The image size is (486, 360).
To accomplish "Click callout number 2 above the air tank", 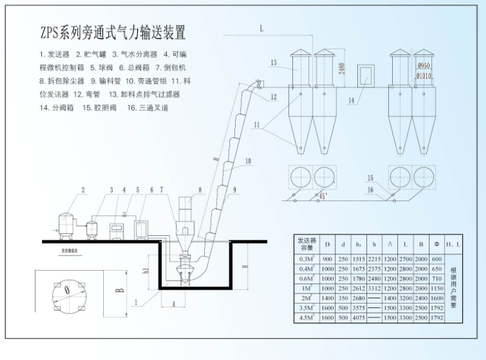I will click(x=83, y=191).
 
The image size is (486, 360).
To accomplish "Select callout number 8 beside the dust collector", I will click(x=200, y=191).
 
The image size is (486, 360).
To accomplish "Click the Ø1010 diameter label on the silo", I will click(x=424, y=76).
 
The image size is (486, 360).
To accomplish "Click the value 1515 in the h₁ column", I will click(x=357, y=259).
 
